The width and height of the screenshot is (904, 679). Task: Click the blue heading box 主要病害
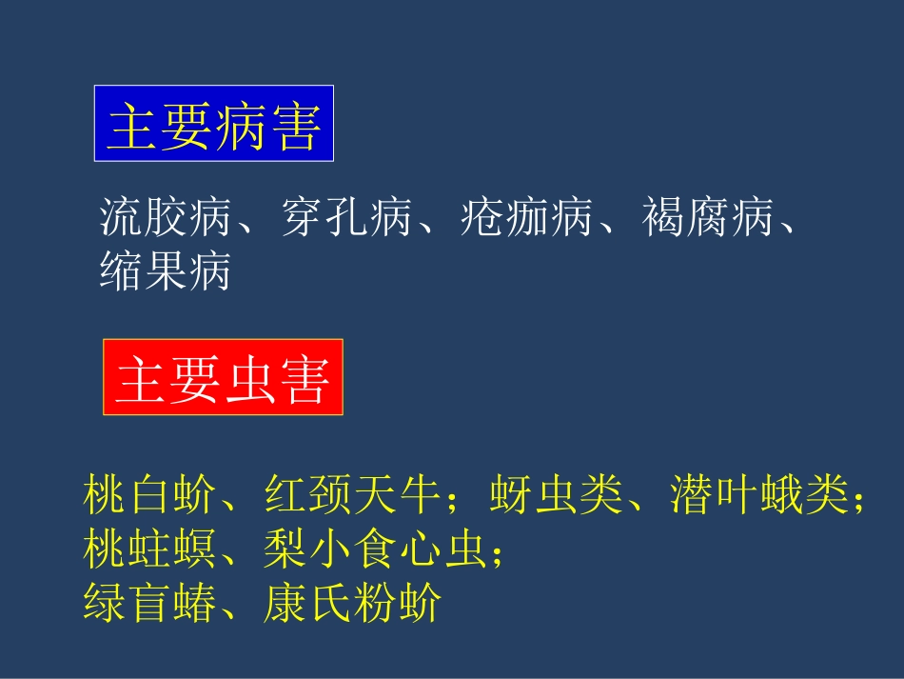(x=213, y=124)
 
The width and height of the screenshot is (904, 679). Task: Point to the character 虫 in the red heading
(x=249, y=378)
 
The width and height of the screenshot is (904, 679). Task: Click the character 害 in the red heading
(x=304, y=378)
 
